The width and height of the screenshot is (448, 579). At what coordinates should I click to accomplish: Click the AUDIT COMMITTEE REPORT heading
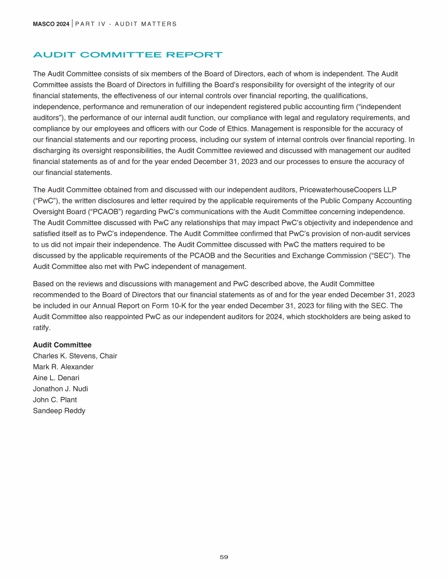point(127,55)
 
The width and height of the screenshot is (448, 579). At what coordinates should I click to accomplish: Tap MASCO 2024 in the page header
point(51,24)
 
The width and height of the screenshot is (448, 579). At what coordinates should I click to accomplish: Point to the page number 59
point(224,557)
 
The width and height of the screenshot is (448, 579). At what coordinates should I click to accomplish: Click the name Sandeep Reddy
point(59,411)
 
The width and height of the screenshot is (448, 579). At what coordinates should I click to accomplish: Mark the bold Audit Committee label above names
point(62,345)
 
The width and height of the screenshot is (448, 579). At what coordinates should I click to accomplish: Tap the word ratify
point(41,328)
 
